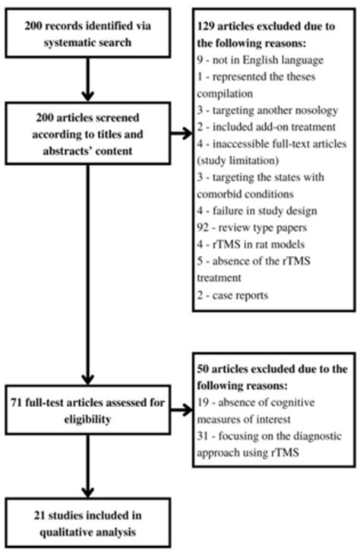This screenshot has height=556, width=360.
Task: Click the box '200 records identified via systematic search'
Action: (90, 33)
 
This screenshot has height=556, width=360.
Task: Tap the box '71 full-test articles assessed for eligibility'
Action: (90, 412)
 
